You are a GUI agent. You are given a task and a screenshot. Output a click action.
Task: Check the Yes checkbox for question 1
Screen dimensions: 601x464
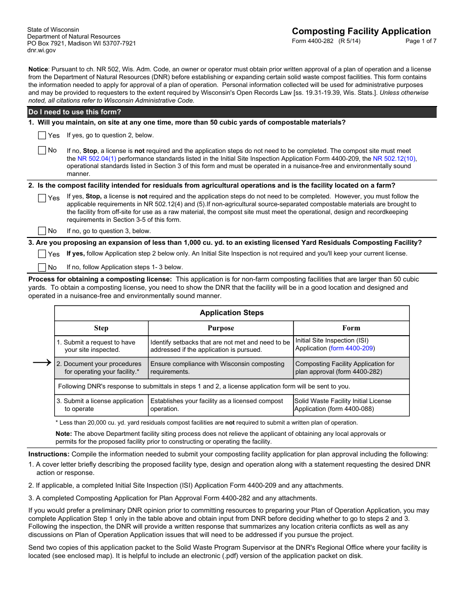point(42,135)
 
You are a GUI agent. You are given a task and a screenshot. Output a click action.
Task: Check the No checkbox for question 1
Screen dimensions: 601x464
point(42,150)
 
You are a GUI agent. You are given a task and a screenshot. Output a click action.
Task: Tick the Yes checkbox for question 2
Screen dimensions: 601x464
point(42,198)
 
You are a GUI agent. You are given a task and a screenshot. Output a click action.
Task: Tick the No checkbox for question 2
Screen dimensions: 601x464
point(42,231)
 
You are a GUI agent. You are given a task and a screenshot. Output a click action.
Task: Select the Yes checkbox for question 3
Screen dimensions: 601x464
point(42,254)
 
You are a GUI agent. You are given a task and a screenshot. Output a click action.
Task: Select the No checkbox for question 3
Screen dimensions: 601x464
point(42,267)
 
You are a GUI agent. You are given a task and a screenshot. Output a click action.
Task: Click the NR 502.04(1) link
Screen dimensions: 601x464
point(97,159)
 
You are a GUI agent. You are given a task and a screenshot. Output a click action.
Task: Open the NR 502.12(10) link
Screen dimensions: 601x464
point(394,159)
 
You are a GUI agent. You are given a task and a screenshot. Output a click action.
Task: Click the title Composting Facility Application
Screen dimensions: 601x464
point(361,31)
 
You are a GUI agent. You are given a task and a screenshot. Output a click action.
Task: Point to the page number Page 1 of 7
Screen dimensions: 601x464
point(421,41)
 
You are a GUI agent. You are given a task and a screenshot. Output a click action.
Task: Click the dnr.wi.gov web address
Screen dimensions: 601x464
point(42,50)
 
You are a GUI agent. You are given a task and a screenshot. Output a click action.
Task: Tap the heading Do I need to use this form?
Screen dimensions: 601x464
point(75,112)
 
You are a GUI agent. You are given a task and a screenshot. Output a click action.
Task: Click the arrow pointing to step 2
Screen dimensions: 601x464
point(42,363)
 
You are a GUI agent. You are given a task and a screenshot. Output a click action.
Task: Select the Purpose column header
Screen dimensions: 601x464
point(221,328)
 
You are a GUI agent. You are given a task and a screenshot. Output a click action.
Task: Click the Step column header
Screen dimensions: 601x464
point(101,328)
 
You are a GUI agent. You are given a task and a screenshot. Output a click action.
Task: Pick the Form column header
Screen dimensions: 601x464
point(351,328)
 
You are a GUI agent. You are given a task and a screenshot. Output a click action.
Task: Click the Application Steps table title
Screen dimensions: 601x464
point(232,313)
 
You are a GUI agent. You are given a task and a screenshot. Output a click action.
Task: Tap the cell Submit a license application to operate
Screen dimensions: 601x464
point(101,405)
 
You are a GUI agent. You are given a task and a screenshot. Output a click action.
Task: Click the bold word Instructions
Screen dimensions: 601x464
point(49,454)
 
